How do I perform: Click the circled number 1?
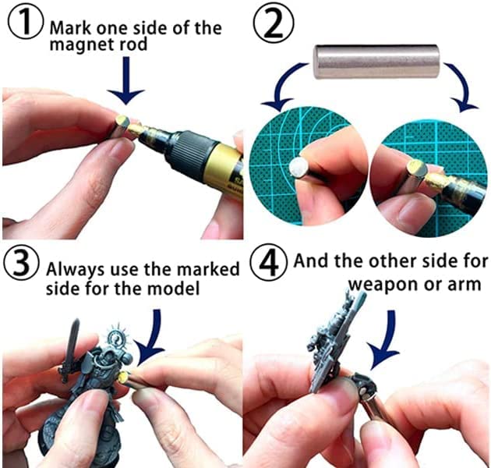click(x=25, y=22)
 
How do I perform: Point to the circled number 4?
click(x=270, y=263)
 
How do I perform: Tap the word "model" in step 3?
click(x=173, y=289)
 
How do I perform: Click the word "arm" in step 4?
click(x=465, y=285)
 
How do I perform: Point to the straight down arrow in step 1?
click(x=126, y=81)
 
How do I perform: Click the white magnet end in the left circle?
click(x=298, y=168)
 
